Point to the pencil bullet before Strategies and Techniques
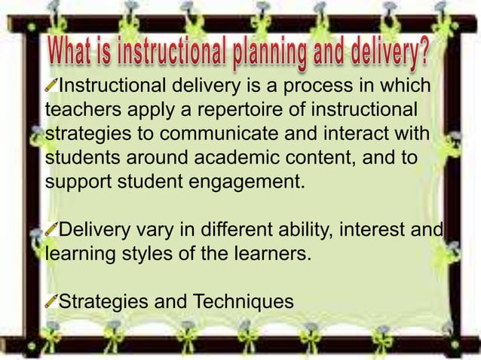click(51, 301)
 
